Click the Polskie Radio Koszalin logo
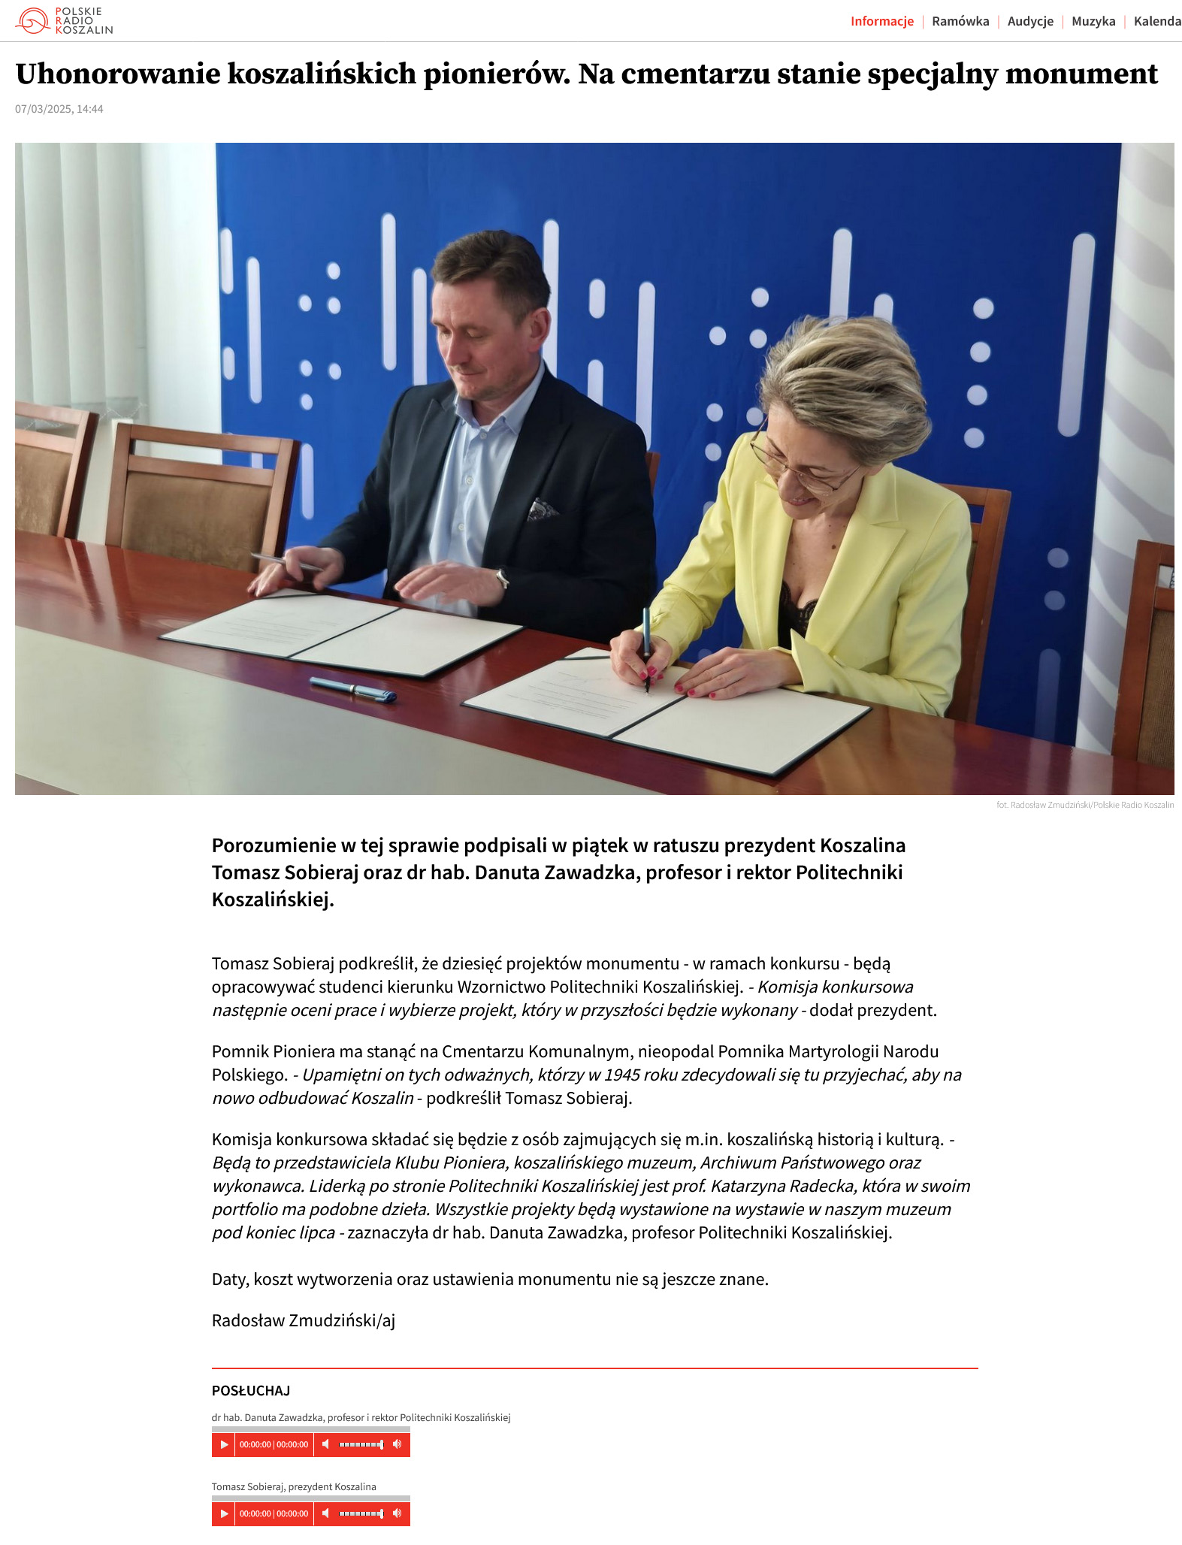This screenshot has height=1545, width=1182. (x=64, y=21)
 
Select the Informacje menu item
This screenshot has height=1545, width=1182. (x=881, y=21)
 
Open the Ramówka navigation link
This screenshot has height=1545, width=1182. (x=960, y=21)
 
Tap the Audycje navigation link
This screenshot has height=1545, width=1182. (x=1030, y=21)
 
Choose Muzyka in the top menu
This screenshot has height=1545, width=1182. (x=1093, y=21)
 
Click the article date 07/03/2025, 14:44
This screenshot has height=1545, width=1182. (x=59, y=109)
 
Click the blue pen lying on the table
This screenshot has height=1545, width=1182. (x=353, y=689)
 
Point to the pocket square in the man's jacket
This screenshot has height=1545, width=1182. (x=542, y=509)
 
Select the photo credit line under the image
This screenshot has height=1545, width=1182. (x=1084, y=805)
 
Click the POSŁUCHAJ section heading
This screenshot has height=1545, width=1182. (x=251, y=1390)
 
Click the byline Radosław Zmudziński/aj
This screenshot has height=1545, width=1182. (x=304, y=1320)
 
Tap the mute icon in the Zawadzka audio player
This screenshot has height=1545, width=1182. (x=325, y=1444)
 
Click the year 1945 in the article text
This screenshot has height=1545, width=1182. (x=621, y=1075)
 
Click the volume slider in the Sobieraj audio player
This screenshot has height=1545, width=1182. (x=361, y=1513)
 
